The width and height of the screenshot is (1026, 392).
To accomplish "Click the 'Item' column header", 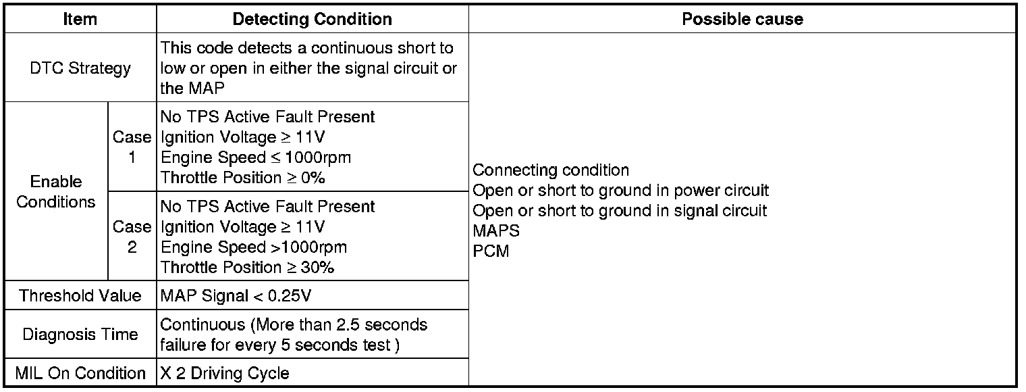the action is pyautogui.click(x=80, y=19).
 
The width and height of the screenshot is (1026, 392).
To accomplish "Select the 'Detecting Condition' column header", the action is pyautogui.click(x=312, y=19).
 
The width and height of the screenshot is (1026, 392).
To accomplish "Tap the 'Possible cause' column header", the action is pyautogui.click(x=742, y=19).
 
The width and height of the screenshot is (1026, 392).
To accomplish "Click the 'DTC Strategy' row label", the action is pyautogui.click(x=80, y=68).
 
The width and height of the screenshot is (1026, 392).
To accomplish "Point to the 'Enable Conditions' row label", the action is pyautogui.click(x=56, y=192).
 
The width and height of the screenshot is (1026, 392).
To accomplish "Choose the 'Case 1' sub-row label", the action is pyautogui.click(x=132, y=147).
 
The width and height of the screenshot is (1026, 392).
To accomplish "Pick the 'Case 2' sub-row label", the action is pyautogui.click(x=132, y=237).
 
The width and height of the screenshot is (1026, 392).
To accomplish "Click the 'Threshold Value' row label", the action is pyautogui.click(x=80, y=295).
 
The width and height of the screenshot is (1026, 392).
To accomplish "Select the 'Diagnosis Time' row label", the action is pyautogui.click(x=80, y=335).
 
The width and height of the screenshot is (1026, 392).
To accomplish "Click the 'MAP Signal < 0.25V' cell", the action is pyautogui.click(x=236, y=295).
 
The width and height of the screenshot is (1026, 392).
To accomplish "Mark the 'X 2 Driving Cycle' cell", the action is pyautogui.click(x=225, y=373).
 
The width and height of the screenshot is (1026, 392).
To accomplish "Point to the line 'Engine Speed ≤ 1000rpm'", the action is pyautogui.click(x=256, y=157).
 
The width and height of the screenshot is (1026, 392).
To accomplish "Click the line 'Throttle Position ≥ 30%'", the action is pyautogui.click(x=248, y=267).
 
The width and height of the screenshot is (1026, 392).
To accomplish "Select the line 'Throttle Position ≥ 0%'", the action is pyautogui.click(x=243, y=178).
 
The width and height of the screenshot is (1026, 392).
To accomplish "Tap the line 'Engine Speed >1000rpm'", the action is pyautogui.click(x=254, y=247).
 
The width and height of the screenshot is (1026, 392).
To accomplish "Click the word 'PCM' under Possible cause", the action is pyautogui.click(x=491, y=251).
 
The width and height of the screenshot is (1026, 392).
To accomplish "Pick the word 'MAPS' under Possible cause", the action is pyautogui.click(x=496, y=231).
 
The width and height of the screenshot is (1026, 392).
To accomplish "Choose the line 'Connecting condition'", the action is pyautogui.click(x=551, y=170).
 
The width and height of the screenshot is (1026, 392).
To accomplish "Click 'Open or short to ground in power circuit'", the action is pyautogui.click(x=620, y=191).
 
